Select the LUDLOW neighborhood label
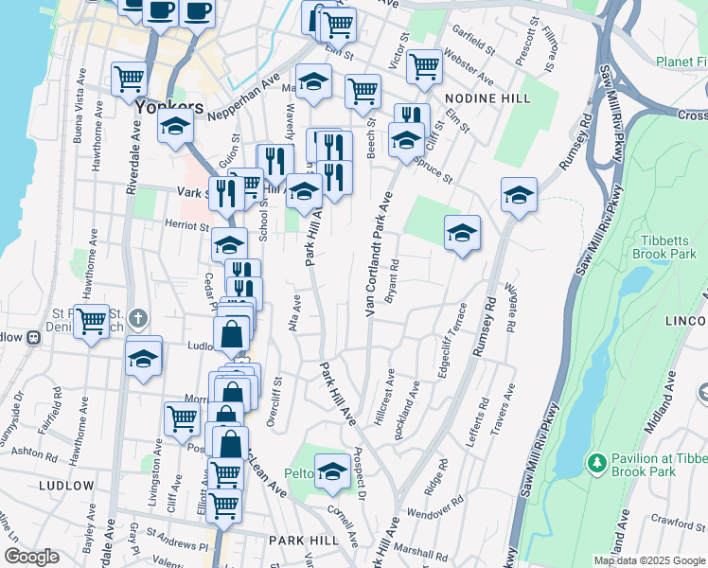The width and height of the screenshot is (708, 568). [x=67, y=486]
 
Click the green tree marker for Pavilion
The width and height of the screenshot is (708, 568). [x=596, y=462]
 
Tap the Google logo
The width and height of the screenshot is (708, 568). [x=30, y=557]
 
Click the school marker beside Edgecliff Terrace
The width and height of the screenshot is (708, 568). [x=461, y=233]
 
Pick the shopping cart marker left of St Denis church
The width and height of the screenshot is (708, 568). [x=92, y=322]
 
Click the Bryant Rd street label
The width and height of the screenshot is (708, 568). [x=393, y=281]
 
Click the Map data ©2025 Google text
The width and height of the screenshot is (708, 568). [x=650, y=560]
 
